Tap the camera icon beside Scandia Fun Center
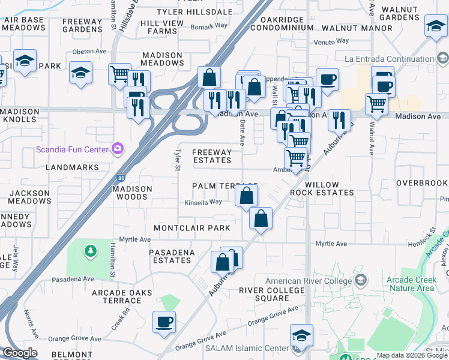point(118,148)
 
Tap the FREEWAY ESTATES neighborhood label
point(211,156)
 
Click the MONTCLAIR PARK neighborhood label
point(192,228)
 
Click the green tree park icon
point(90,250)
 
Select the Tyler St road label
point(178,159)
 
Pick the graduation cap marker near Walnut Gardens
point(435,26)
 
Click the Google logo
point(20,353)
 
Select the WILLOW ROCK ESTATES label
point(322,188)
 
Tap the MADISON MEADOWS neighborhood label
point(162,59)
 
